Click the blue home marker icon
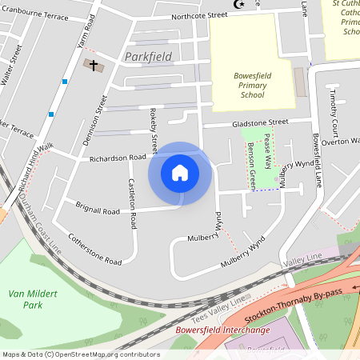[x=180, y=173]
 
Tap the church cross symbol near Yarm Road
[x=93, y=64]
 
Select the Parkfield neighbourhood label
[x=150, y=57]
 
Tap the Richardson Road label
[x=117, y=158]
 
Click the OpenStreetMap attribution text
[x=80, y=354]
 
